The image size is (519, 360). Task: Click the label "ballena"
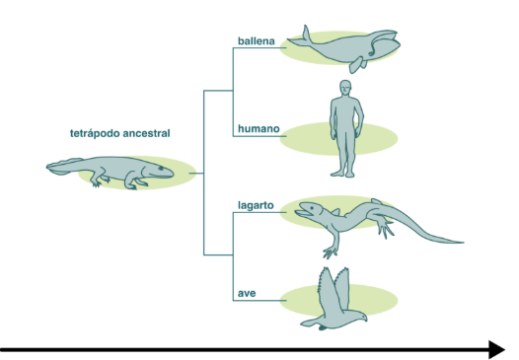(257, 41)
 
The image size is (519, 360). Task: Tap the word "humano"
(259, 129)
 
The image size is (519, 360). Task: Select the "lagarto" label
(256, 205)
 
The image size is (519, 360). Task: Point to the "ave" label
(247, 294)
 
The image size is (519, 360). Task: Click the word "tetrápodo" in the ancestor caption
(95, 134)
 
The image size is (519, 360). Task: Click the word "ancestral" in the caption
(146, 133)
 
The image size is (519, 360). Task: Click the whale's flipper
(357, 65)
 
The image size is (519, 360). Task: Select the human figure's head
(345, 88)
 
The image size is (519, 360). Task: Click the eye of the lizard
(312, 208)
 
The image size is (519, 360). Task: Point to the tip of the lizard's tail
(463, 243)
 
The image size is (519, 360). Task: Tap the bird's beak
(365, 319)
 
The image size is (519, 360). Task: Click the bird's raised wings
(334, 288)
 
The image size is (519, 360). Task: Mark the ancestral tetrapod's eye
(161, 169)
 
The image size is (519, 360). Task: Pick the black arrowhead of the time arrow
(496, 350)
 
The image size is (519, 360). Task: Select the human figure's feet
(342, 174)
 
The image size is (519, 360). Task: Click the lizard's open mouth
(303, 213)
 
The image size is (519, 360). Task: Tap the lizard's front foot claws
(331, 252)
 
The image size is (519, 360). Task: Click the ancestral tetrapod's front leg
(132, 180)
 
